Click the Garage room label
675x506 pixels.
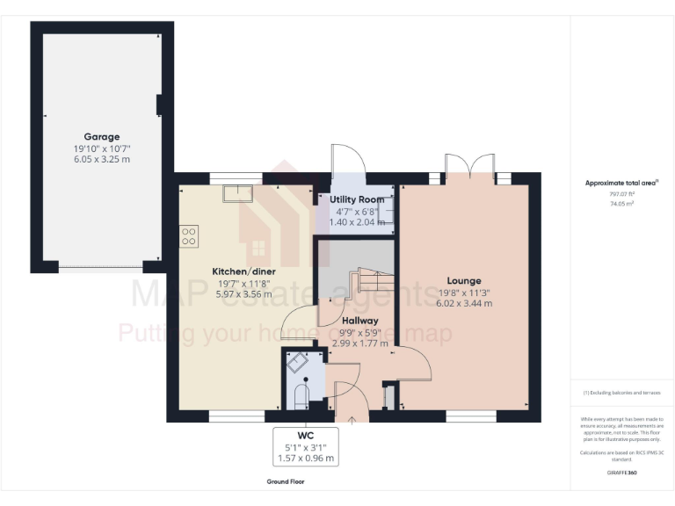[102, 137]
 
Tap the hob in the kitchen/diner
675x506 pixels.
[188, 235]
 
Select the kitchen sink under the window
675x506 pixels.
[237, 193]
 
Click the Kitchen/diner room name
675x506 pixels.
[243, 271]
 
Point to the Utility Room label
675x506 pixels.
[357, 200]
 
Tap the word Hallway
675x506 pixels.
[360, 321]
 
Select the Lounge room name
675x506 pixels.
[464, 281]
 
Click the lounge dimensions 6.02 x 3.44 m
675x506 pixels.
[464, 303]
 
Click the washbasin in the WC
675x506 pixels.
[297, 363]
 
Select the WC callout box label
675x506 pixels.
[305, 435]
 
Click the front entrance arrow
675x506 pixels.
[352, 421]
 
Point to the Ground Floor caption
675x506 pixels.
[286, 482]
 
